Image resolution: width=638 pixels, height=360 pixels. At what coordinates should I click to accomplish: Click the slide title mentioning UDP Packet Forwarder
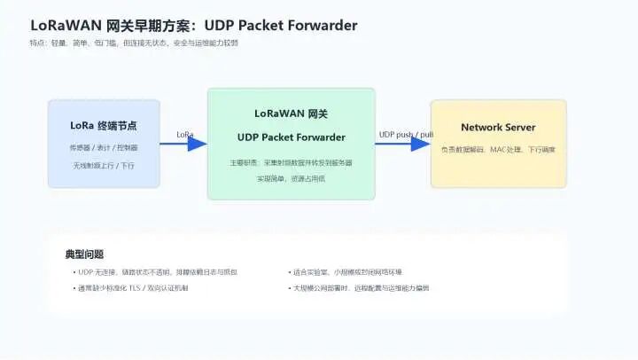point(194,25)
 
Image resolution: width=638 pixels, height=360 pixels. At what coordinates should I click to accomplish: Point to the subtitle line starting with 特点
point(133,42)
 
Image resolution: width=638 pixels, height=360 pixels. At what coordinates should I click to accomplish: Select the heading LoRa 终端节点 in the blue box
point(103,126)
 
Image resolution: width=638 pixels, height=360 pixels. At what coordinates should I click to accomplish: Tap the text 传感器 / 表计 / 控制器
point(103,147)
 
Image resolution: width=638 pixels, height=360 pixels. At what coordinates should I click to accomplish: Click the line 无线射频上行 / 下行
point(103,165)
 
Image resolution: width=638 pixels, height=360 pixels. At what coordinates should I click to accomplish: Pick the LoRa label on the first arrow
point(184,135)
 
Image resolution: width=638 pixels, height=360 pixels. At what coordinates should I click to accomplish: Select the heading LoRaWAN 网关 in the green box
point(291,114)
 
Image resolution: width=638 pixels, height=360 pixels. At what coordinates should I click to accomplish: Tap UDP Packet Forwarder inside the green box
point(291,137)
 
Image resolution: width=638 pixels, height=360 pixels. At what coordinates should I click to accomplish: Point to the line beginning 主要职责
point(291,163)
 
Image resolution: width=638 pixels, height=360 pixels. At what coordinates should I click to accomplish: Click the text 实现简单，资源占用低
point(291,178)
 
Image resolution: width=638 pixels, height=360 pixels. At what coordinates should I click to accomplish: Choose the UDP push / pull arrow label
point(406,135)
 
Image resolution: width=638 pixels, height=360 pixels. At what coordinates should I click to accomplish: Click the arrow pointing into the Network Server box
point(403,145)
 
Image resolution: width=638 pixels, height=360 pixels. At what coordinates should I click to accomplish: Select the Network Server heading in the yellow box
point(498,128)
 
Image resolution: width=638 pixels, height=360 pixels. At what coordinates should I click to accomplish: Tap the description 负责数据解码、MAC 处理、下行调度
point(498,149)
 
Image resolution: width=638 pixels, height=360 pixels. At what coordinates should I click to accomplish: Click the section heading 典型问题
point(84,254)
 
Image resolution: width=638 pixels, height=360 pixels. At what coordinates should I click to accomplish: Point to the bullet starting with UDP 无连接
point(158,271)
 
